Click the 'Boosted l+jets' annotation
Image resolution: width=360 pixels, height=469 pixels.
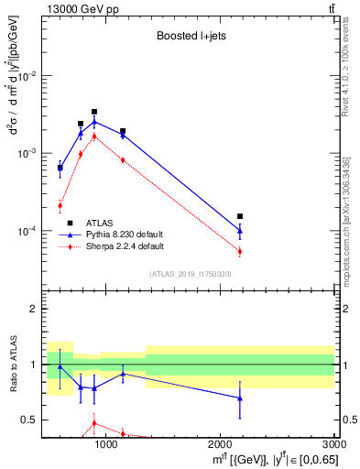(187, 38)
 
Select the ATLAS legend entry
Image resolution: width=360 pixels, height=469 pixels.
(98, 223)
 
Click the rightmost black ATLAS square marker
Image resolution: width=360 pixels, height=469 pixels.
(240, 216)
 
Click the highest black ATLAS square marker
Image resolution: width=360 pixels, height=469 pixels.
(94, 112)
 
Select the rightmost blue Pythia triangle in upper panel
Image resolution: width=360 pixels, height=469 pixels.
(240, 231)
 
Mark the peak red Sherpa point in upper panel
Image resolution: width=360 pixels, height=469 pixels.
(94, 136)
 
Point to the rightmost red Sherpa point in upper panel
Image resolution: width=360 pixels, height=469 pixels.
(240, 251)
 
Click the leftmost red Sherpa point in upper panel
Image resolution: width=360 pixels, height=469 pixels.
(60, 205)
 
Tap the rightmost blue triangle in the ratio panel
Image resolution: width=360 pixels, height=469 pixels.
(240, 398)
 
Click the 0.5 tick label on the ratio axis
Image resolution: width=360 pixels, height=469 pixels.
(29, 420)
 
